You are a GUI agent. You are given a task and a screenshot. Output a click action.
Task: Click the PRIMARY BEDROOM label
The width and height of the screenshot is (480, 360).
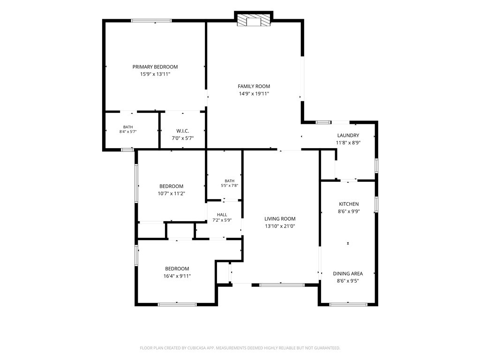point(155,67)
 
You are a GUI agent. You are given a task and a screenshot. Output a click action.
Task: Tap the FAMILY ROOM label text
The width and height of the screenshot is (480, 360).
point(254,86)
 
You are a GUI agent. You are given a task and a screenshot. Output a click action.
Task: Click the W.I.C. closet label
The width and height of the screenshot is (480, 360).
point(183,131)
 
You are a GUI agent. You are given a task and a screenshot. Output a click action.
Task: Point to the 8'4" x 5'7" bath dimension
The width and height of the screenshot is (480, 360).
point(128,132)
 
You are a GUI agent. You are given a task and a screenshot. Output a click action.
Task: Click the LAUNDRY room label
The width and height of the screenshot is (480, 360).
point(348,135)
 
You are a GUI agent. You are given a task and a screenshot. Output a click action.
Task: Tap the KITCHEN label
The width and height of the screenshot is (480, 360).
point(349,204)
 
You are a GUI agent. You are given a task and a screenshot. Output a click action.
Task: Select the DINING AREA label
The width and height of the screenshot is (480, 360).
point(348,274)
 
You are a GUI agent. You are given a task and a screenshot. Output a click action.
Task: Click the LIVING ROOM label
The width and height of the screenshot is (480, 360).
point(280,219)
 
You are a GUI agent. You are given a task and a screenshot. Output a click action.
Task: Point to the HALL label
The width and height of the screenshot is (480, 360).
point(222,215)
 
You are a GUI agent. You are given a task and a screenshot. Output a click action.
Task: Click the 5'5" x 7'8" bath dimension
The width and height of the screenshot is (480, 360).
point(230,186)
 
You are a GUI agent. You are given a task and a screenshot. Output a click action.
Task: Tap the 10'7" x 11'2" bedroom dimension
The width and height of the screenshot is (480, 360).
point(171,194)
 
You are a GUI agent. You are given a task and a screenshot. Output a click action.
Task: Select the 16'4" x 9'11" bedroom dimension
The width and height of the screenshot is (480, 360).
point(177,276)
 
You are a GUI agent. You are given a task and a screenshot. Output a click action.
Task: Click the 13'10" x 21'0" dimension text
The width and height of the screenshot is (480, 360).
point(280,226)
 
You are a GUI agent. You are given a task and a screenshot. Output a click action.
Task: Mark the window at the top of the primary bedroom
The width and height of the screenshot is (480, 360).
point(151,21)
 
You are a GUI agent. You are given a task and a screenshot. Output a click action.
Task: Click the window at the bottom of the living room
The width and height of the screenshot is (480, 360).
point(282,285)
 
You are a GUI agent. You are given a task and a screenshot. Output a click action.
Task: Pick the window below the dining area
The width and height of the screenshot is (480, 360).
point(348,304)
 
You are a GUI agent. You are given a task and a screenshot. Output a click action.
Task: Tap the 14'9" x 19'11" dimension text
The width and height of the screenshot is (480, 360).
point(254,94)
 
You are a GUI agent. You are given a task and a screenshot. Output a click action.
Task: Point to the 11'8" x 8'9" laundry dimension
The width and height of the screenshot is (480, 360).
point(348,142)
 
